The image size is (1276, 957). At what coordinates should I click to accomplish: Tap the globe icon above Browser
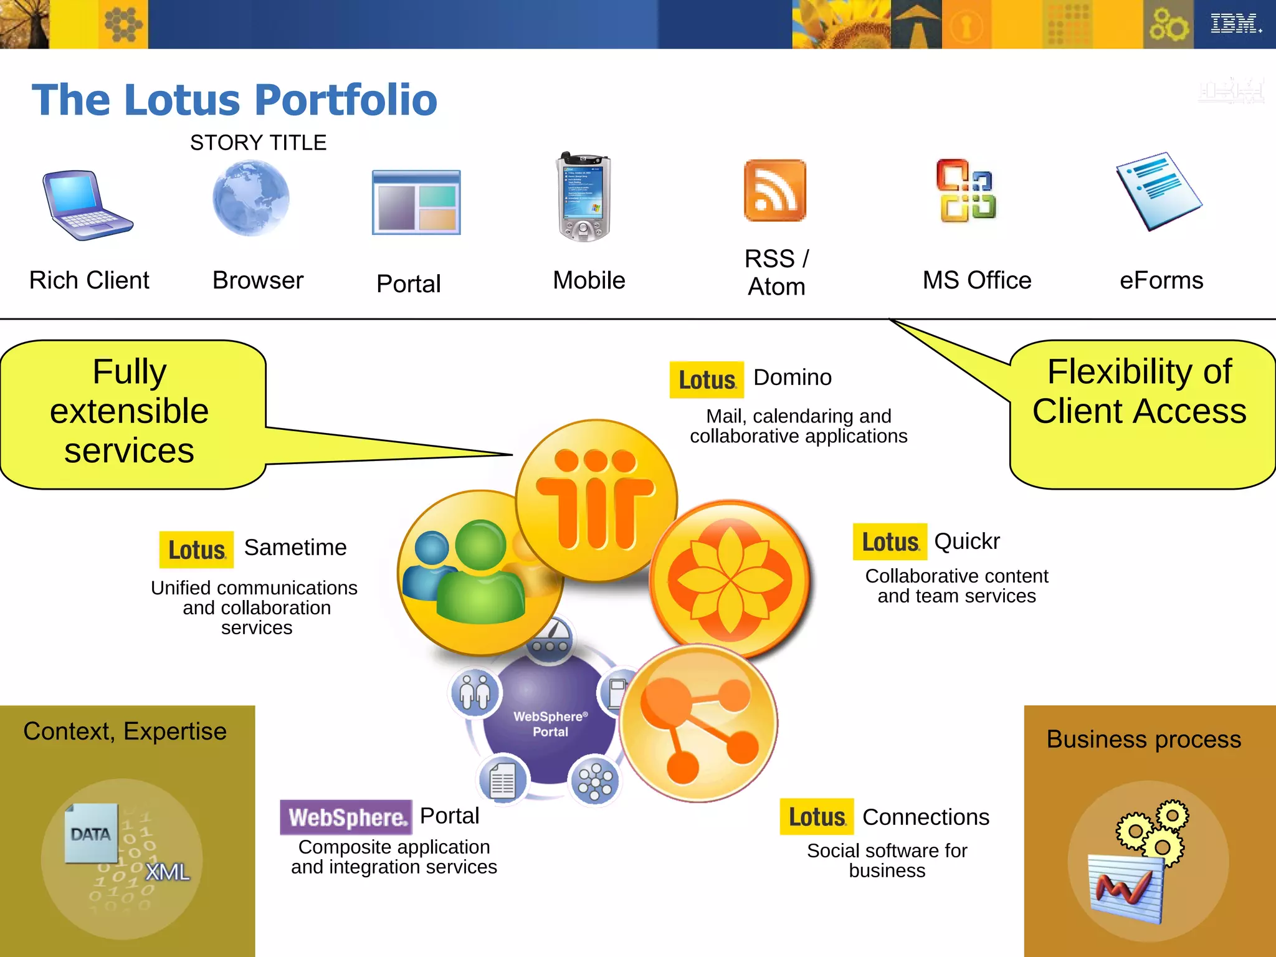coord(251,198)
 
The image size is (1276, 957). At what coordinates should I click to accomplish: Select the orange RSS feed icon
coord(775,191)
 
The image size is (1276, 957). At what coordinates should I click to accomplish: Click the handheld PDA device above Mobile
coord(584,197)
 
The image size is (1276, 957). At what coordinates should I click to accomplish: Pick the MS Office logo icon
coord(966,191)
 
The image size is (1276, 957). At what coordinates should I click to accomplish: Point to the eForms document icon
coord(1159,191)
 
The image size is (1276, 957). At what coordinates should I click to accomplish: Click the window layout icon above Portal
coord(416,202)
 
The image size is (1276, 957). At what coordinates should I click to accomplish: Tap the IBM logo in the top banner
coord(1234,24)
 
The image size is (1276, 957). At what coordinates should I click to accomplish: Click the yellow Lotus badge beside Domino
coord(707,379)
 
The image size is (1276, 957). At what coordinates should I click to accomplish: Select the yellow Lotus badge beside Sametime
coord(196,550)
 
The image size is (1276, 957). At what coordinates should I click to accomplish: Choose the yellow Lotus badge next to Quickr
coord(890,541)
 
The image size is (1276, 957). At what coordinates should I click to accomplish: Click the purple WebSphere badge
coord(346,817)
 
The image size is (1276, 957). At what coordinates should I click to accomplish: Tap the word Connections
coord(926,817)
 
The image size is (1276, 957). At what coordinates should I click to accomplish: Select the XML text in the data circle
coord(167,872)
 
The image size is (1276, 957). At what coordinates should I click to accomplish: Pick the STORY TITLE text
coord(258,143)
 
